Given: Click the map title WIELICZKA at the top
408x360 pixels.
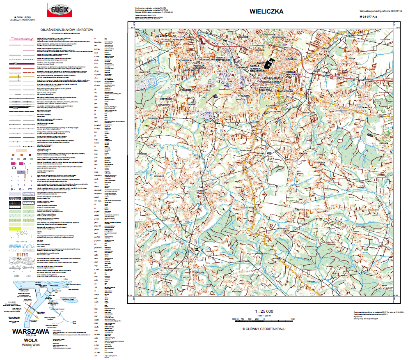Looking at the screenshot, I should pyautogui.click(x=266, y=12).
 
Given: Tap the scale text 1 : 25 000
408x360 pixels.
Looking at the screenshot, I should pyautogui.click(x=264, y=311).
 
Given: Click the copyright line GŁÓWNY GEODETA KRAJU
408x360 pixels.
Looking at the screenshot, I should pyautogui.click(x=264, y=329).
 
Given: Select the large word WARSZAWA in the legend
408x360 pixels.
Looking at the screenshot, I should pyautogui.click(x=31, y=331).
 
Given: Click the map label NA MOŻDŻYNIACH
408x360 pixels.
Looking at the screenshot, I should pyautogui.click(x=166, y=37).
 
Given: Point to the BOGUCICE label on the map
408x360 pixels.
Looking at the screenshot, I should pyautogui.click(x=243, y=37).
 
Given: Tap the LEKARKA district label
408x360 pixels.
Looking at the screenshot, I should pyautogui.click(x=291, y=59).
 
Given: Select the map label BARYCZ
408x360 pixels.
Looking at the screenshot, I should pyautogui.click(x=144, y=72).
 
